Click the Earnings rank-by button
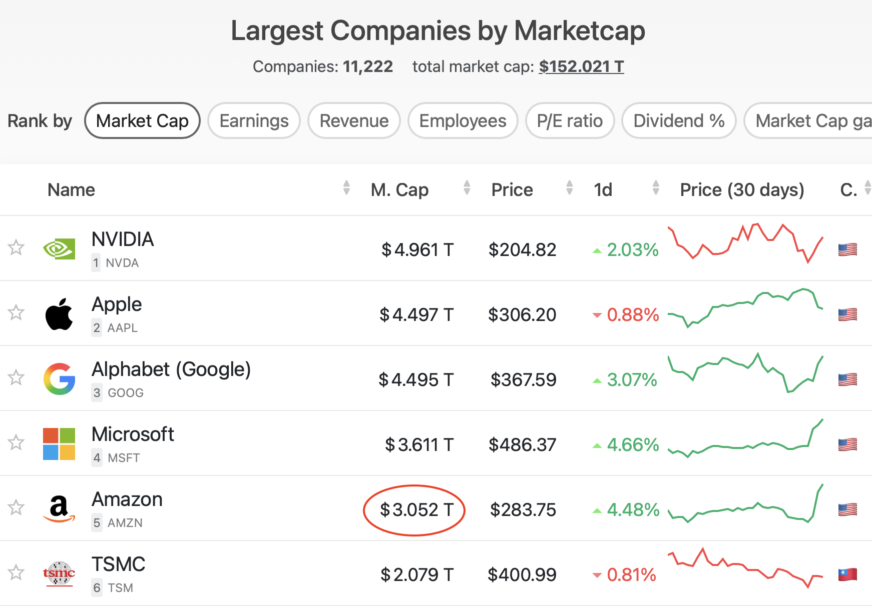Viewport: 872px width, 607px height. point(254,121)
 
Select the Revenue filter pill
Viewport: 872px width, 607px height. point(354,121)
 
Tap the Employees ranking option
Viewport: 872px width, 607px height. point(463,121)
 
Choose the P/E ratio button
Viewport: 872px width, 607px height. point(570,121)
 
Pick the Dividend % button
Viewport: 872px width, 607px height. point(679,121)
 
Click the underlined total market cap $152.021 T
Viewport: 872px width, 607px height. point(581,66)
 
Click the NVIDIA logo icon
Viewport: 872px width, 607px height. point(59,248)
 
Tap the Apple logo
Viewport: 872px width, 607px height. point(59,314)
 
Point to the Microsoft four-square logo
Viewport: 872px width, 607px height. point(59,443)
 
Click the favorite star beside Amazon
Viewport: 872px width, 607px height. point(17,507)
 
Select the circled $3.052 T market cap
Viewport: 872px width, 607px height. point(416,510)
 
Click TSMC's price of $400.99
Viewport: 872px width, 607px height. point(522,575)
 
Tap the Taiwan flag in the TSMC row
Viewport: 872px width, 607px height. point(847,574)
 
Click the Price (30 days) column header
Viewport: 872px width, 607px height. point(742,190)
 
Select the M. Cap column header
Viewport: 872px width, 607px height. point(399,190)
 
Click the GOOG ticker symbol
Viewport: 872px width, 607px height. point(126,393)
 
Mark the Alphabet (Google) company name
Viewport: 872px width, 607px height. point(171,369)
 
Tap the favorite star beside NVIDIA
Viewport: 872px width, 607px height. point(17,247)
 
